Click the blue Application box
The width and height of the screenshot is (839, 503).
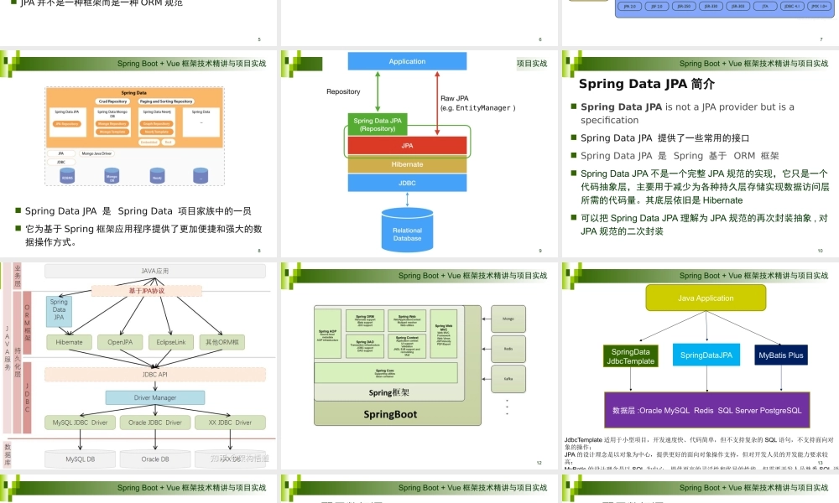tap(407, 61)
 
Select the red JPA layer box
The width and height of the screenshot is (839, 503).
tap(407, 145)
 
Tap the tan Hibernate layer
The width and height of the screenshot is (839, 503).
tap(407, 164)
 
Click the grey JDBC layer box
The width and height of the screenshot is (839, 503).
tap(407, 182)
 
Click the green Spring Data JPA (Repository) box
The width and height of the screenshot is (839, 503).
tap(378, 125)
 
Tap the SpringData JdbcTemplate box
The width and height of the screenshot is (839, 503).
tap(631, 355)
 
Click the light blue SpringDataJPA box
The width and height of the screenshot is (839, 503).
tap(706, 355)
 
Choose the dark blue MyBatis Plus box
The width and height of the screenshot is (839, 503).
tap(780, 355)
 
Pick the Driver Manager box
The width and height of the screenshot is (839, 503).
tap(154, 397)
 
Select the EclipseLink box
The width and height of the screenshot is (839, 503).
tap(170, 342)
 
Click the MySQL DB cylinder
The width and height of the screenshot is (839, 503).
tap(81, 459)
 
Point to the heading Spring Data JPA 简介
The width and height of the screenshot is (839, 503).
tap(646, 84)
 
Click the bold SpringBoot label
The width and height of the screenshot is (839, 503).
tap(391, 414)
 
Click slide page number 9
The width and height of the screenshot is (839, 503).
tap(539, 251)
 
